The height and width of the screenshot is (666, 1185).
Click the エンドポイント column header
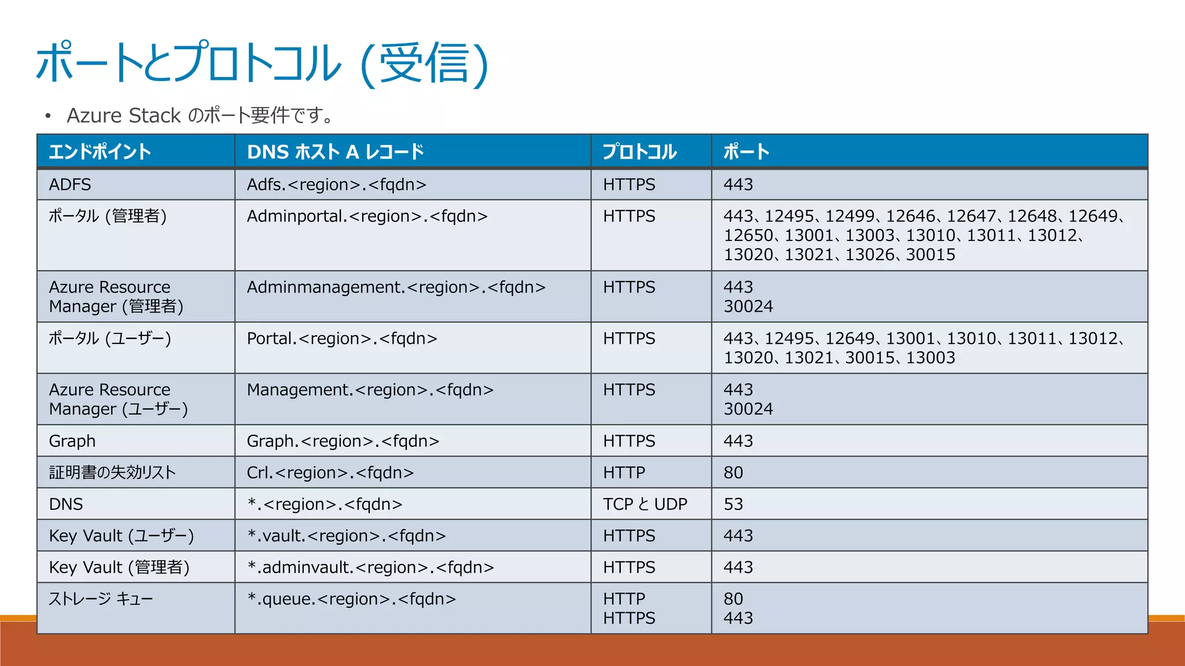pos(100,152)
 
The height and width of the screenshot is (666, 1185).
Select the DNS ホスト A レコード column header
pos(335,152)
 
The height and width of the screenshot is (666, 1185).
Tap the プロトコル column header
pos(639,152)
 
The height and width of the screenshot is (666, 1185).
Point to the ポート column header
pos(746,152)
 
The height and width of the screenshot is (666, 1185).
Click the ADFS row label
pos(70,185)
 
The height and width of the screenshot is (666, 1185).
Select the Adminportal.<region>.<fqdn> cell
pos(367,216)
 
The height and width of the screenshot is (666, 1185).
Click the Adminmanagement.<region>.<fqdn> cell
pos(396,287)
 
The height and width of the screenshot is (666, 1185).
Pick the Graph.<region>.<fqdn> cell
pos(343,441)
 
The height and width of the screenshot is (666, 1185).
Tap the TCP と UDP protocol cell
pos(645,504)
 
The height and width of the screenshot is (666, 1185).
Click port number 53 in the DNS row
pos(733,504)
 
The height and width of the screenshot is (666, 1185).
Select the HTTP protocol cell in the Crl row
pos(624,473)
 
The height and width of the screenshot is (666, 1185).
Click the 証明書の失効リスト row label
pos(112,473)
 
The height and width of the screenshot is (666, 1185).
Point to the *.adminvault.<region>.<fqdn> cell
pos(370,568)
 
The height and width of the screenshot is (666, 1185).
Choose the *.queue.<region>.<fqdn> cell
pos(351,599)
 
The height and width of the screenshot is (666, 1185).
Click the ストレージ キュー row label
pos(101,599)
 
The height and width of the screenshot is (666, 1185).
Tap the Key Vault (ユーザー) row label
pos(121,536)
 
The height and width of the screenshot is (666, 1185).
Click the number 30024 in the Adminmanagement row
pos(748,306)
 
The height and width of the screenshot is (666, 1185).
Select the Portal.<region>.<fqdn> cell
pos(341,339)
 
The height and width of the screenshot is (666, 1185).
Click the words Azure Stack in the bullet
pos(124,116)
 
